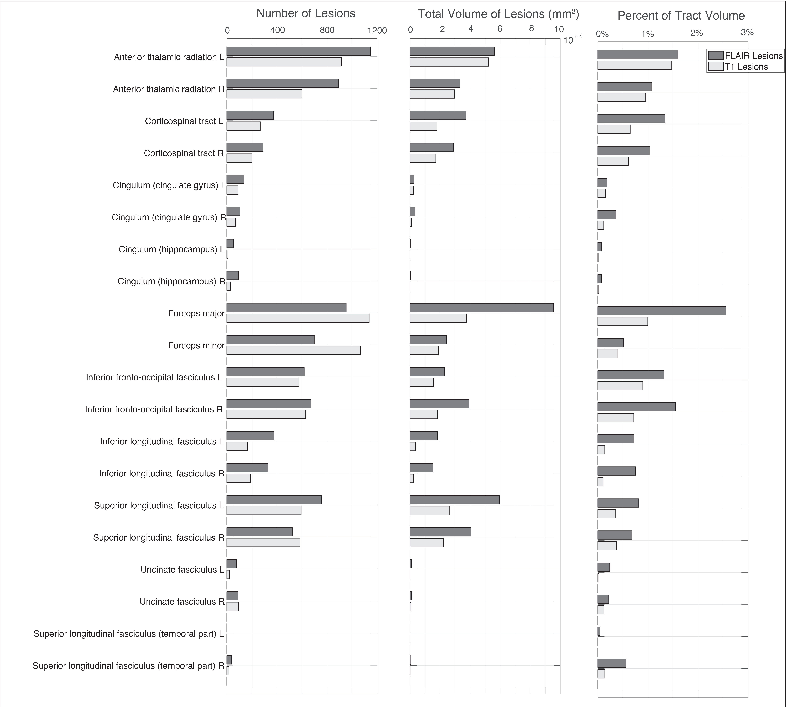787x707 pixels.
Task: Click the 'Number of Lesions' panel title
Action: pos(306,14)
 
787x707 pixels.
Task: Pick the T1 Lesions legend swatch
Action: pos(715,67)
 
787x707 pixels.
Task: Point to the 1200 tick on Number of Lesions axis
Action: pos(377,31)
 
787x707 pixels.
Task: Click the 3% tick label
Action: pos(747,33)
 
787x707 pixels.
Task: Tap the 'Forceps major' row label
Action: pos(196,314)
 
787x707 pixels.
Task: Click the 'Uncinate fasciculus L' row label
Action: pos(182,570)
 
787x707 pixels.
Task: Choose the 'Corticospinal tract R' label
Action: pos(184,153)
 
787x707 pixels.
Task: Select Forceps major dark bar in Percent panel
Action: pos(661,311)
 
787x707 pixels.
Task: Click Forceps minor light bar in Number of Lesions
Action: pos(294,350)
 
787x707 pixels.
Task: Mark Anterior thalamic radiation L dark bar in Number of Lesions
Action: pos(299,51)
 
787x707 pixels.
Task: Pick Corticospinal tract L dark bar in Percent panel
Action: pos(631,118)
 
